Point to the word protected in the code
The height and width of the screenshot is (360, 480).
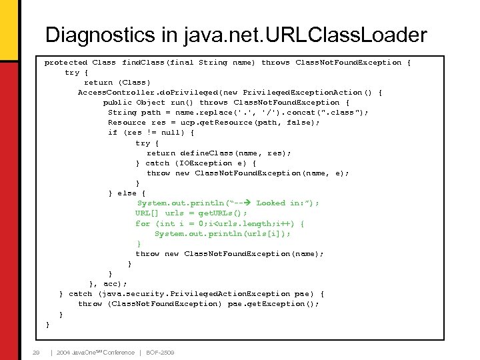[65, 62]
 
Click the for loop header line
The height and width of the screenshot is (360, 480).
[220, 223]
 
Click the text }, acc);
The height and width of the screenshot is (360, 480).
[107, 283]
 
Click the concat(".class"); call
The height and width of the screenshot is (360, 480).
[323, 112]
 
